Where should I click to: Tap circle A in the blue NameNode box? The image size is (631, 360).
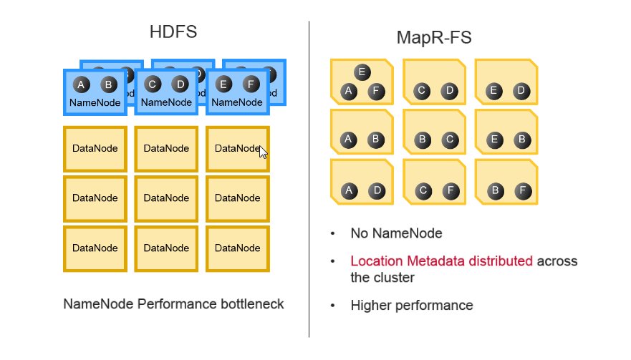(x=81, y=84)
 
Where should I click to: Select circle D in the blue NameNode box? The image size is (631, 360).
(x=180, y=84)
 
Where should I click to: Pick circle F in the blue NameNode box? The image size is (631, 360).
(x=251, y=84)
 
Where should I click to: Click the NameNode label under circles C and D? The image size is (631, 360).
(x=166, y=102)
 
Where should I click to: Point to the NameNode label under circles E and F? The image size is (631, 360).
(x=237, y=102)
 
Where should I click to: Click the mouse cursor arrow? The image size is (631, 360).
(x=263, y=152)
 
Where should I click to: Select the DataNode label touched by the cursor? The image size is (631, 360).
(x=236, y=148)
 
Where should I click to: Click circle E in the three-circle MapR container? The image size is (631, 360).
(x=362, y=72)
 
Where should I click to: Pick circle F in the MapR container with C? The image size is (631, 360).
(x=448, y=190)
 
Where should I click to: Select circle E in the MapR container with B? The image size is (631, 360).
(x=493, y=140)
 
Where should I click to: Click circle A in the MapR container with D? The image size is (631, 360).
(x=349, y=190)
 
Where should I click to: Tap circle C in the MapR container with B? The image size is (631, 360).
(x=448, y=140)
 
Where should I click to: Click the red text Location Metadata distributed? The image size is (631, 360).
(x=441, y=261)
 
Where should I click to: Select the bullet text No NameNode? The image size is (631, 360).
(x=396, y=233)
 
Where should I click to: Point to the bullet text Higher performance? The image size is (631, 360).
(x=411, y=306)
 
